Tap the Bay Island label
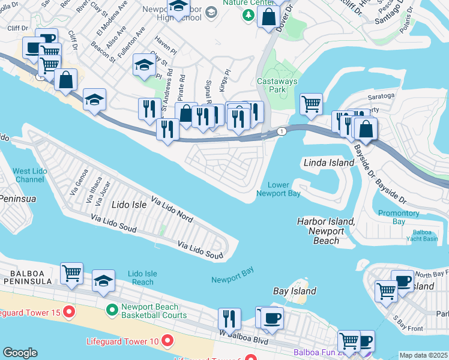pos(294,291)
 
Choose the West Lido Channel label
pos(30,175)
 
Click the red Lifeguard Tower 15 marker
pos(69,313)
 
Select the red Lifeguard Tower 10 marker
pos(168,341)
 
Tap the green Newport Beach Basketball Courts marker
pos(111,310)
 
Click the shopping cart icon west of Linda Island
pos(311,104)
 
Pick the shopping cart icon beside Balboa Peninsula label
pos(71,274)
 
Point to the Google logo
pos(20,353)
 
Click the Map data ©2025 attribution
pos(423,355)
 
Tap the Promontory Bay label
pos(399,217)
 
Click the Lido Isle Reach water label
pos(143,278)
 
